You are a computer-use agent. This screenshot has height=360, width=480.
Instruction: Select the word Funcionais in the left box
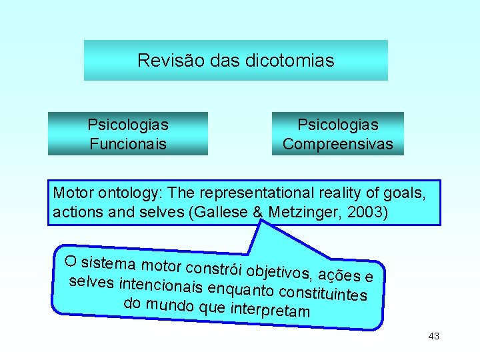click(128, 144)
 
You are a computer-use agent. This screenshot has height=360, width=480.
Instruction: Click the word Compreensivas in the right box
click(338, 144)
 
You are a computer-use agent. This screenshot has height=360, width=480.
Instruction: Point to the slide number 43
click(433, 337)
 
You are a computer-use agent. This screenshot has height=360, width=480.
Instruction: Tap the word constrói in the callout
click(214, 266)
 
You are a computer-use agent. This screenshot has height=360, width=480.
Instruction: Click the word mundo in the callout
click(170, 305)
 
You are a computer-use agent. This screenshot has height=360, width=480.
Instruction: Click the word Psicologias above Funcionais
click(128, 125)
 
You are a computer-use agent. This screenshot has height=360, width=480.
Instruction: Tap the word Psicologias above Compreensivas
click(338, 125)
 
